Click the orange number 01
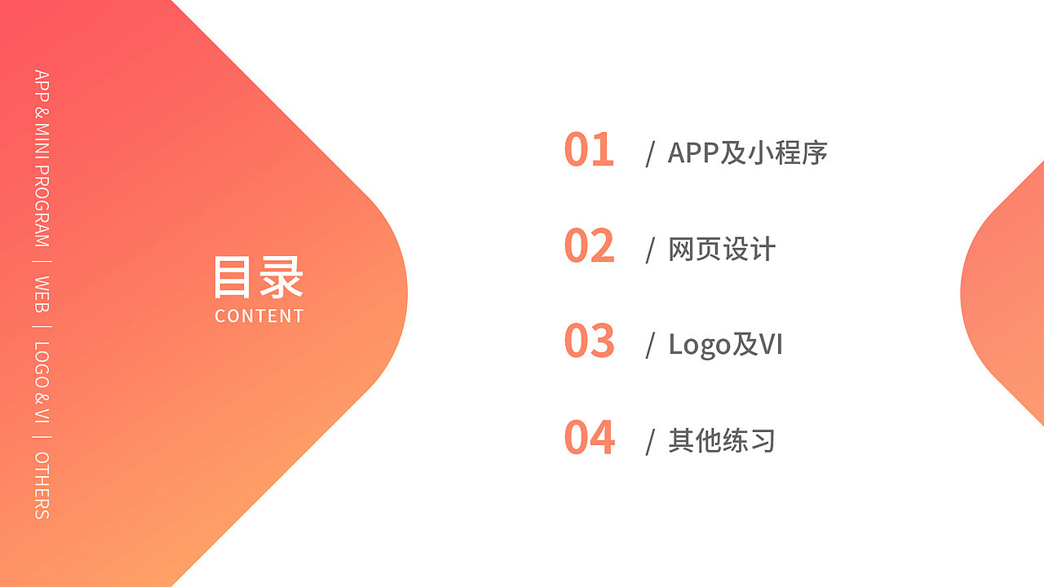(x=588, y=150)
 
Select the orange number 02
(x=588, y=246)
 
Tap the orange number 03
(x=588, y=342)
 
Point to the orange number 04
(x=589, y=438)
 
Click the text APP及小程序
(x=747, y=153)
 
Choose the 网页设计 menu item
(x=722, y=249)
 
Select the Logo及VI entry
(x=725, y=345)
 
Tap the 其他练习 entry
(x=722, y=441)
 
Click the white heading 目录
(x=259, y=277)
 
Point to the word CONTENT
(x=259, y=316)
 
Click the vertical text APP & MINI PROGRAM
(x=42, y=158)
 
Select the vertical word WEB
(x=42, y=293)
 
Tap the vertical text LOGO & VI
(x=42, y=382)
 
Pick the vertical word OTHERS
(x=42, y=485)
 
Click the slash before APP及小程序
(x=650, y=154)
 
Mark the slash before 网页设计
(x=650, y=250)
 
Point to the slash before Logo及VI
(x=650, y=346)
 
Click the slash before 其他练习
(x=650, y=442)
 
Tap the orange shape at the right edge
(x=1007, y=293)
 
